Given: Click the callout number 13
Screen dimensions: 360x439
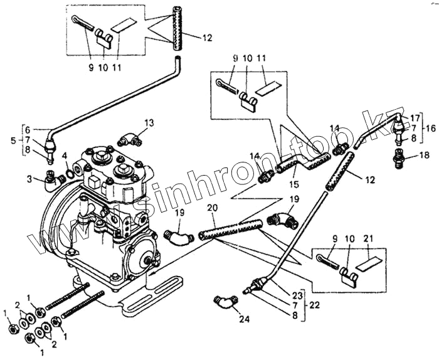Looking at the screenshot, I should click(x=149, y=122).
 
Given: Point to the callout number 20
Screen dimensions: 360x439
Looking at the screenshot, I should click(x=211, y=208).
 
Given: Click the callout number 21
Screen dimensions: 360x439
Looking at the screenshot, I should click(x=368, y=239).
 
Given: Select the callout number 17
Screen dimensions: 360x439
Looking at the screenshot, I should click(x=415, y=117).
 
